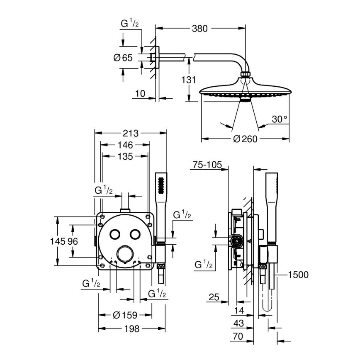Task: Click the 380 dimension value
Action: (200, 29)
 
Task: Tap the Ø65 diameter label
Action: (122, 58)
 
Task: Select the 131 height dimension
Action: (188, 80)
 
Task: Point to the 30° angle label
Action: (280, 119)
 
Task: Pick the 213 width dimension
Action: (131, 133)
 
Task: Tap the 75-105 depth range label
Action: (207, 165)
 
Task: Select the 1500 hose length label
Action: (297, 274)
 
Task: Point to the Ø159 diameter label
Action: (125, 315)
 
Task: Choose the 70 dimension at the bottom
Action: (238, 337)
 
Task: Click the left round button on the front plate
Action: (114, 235)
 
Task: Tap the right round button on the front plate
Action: (134, 235)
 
